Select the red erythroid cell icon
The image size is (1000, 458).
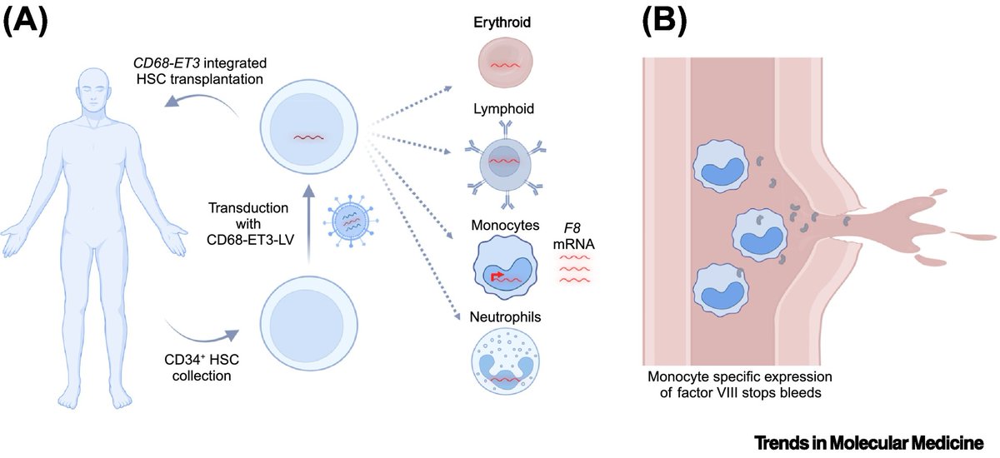(498, 64)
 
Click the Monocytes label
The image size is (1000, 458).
(502, 226)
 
